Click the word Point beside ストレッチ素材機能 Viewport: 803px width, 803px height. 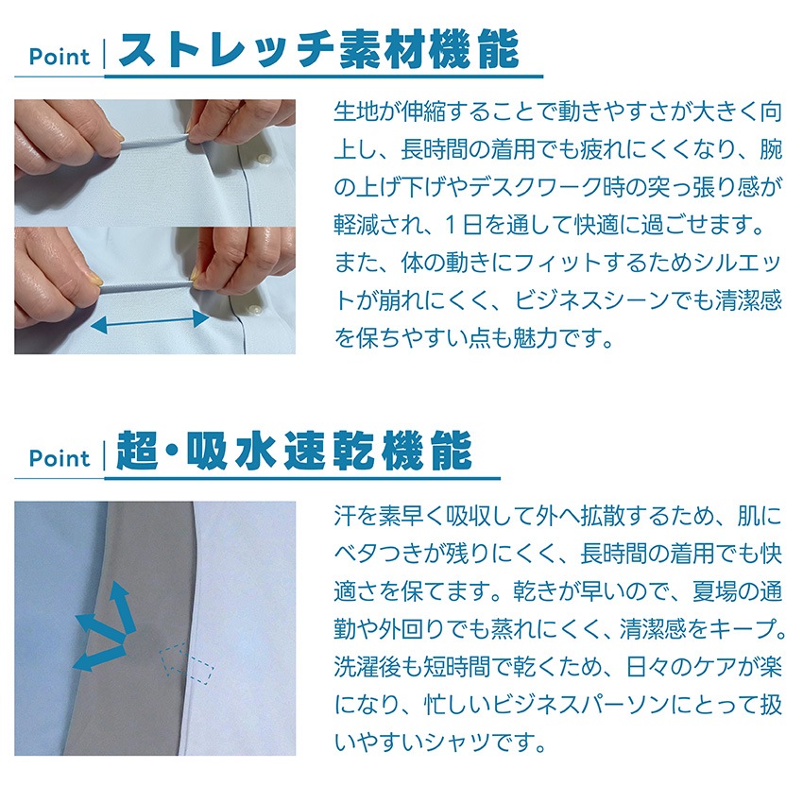(60, 57)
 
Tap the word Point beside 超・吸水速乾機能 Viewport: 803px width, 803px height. (60, 458)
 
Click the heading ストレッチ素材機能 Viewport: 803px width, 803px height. (319, 49)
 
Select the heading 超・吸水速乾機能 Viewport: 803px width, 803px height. (295, 451)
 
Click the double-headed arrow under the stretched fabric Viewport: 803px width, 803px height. (149, 321)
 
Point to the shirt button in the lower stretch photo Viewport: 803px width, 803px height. (254, 310)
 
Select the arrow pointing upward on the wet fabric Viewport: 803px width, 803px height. (124, 607)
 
